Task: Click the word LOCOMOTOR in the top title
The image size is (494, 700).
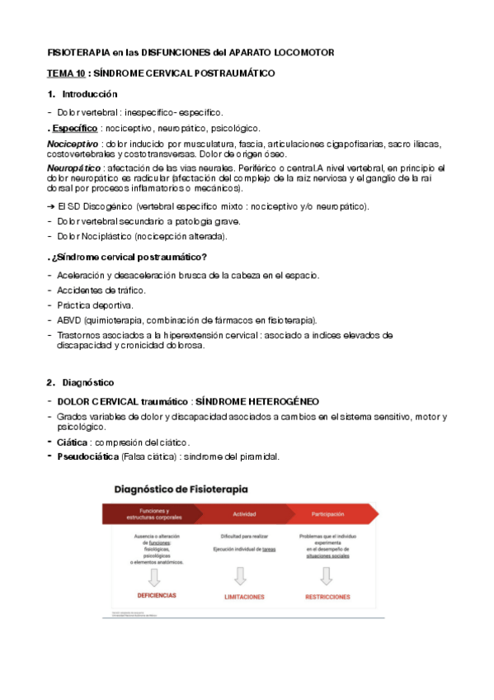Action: pyautogui.click(x=304, y=52)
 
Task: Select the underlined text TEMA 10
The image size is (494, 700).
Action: pyautogui.click(x=64, y=73)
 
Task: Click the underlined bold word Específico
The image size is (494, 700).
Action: pyautogui.click(x=73, y=128)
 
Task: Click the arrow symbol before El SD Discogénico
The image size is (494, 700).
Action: pyautogui.click(x=51, y=206)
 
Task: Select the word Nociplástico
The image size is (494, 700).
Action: pyautogui.click(x=113, y=236)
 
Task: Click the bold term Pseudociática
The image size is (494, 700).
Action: pyautogui.click(x=87, y=456)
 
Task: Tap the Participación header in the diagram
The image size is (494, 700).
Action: pyautogui.click(x=327, y=513)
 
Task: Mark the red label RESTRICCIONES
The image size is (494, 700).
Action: pyautogui.click(x=327, y=596)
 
